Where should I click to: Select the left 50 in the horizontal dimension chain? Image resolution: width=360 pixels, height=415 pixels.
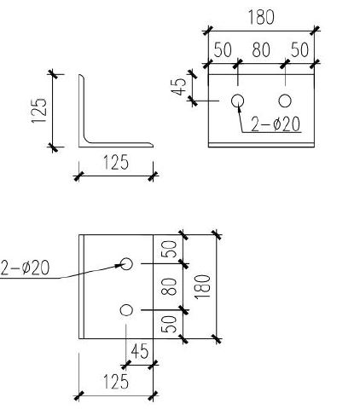pyautogui.click(x=223, y=50)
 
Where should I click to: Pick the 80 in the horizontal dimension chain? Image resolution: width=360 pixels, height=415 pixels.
pyautogui.click(x=261, y=50)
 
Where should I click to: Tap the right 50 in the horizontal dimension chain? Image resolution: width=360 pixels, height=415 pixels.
pyautogui.click(x=299, y=50)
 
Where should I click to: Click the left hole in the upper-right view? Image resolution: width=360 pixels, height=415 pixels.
pyautogui.click(x=238, y=101)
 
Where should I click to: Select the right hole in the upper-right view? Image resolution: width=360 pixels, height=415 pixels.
pyautogui.click(x=285, y=101)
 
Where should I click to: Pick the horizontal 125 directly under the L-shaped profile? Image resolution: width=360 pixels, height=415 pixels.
pyautogui.click(x=116, y=163)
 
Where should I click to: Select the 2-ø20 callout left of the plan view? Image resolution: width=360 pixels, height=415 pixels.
pyautogui.click(x=26, y=269)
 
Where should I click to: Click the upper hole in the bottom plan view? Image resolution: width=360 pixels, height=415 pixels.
pyautogui.click(x=126, y=263)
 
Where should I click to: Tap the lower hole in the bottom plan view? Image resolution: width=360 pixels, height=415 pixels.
pyautogui.click(x=126, y=309)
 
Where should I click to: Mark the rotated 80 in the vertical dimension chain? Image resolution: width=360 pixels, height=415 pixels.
pyautogui.click(x=170, y=286)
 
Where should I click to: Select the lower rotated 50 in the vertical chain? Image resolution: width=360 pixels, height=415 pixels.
pyautogui.click(x=170, y=325)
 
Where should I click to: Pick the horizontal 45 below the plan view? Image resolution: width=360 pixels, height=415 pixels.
pyautogui.click(x=140, y=351)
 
